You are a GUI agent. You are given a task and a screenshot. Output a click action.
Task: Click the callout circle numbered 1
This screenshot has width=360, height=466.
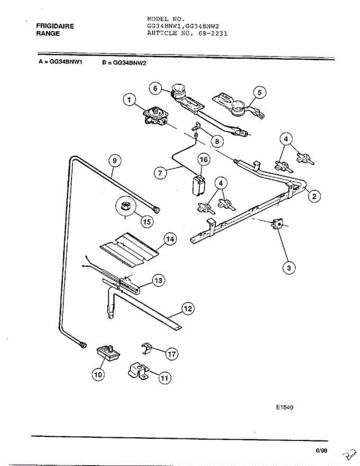point(129,100)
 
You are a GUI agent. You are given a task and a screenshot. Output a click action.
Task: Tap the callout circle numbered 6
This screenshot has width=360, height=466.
point(155,89)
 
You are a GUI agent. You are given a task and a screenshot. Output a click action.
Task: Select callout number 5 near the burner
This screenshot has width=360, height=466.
point(260,93)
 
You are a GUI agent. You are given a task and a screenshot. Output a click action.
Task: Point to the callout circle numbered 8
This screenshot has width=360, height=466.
point(217,141)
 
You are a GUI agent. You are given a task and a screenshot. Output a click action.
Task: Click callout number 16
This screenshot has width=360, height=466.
point(204,160)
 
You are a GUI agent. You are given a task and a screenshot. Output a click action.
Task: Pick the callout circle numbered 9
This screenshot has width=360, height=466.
point(115,161)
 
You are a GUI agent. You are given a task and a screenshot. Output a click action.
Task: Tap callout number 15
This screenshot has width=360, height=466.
point(147,221)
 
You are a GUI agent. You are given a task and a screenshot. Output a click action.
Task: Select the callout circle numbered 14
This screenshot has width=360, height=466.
point(170,239)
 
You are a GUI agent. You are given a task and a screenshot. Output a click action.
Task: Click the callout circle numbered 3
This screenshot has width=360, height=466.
point(289,268)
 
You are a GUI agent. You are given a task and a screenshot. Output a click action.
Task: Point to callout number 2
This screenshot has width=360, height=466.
point(314,196)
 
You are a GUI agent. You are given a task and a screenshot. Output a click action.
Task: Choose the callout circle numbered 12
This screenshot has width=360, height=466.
point(188,309)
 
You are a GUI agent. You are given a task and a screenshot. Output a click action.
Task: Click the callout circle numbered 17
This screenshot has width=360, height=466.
point(172,354)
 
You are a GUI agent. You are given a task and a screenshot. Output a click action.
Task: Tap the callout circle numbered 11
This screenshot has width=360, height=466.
point(165,378)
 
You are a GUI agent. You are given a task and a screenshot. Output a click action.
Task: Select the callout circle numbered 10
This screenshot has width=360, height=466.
point(98,375)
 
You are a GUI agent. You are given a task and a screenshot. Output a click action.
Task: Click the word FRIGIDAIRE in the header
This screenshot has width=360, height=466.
point(55,26)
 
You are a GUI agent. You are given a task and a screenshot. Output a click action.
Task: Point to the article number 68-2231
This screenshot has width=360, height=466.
point(213,33)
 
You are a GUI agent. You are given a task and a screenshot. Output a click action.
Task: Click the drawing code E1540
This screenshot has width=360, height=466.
point(284,407)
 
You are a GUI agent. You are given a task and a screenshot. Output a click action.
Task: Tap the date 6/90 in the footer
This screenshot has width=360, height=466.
point(322,450)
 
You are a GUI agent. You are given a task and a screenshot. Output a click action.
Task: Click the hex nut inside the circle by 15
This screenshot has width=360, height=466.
point(125,206)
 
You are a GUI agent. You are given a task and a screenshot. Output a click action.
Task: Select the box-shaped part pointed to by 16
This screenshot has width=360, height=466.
point(198,185)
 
